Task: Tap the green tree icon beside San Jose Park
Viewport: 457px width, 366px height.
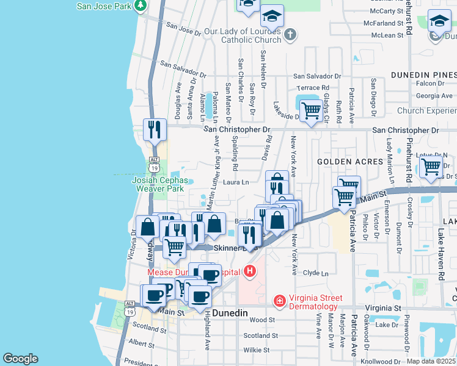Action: [x=141, y=6]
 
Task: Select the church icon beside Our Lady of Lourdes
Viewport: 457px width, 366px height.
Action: [x=290, y=35]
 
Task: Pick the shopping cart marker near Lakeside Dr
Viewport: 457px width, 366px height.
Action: [x=311, y=112]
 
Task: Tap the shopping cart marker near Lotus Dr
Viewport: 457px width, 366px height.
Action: [x=432, y=167]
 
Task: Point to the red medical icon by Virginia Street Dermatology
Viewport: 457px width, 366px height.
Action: [x=279, y=301]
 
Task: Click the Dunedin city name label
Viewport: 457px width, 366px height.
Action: [x=230, y=312]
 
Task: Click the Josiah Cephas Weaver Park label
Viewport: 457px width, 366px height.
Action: [x=158, y=184]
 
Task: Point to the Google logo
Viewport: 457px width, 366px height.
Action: [x=20, y=359]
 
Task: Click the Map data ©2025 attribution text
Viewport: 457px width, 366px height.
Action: [x=431, y=361]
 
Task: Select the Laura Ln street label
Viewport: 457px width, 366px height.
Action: [x=236, y=182]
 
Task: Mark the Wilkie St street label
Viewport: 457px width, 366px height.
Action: [x=256, y=350]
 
